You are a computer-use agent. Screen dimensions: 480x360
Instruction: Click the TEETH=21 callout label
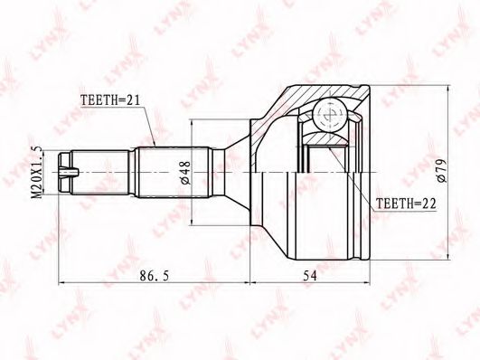click(110, 99)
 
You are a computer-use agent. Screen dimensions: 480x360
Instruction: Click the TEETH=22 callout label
click(406, 204)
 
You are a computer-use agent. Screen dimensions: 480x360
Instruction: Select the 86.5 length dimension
click(154, 276)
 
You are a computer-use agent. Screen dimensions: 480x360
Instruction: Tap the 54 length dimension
click(310, 276)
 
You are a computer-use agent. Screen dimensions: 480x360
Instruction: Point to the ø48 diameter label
click(186, 173)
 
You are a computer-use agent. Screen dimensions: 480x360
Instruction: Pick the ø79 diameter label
click(442, 171)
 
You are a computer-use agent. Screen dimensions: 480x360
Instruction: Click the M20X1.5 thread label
click(37, 172)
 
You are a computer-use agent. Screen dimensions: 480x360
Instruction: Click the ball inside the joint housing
click(330, 115)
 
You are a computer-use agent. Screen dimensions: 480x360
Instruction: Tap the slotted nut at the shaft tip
click(65, 173)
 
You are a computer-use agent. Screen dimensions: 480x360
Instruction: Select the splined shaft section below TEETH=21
click(174, 173)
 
